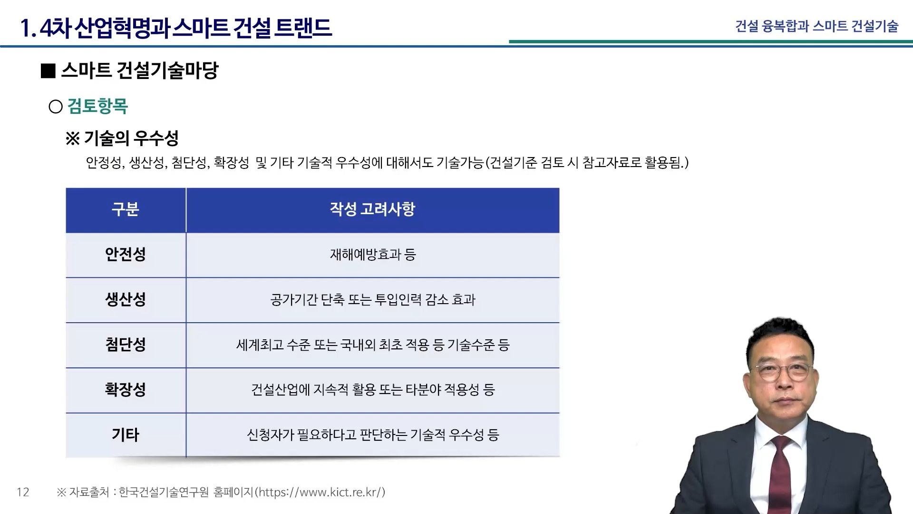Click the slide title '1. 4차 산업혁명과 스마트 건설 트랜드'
coord(176,28)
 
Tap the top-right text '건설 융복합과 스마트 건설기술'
coord(817,26)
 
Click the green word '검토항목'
coord(97,106)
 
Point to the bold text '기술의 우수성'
coord(131,138)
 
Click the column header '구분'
coord(126,209)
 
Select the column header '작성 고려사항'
coord(373,209)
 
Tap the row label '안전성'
coord(126,254)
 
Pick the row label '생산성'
coord(126,299)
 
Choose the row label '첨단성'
coord(126,344)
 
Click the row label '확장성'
coord(126,389)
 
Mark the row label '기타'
coord(126,435)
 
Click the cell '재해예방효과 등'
coord(373,255)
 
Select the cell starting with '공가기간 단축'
coord(373,299)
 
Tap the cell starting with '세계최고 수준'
coord(373,345)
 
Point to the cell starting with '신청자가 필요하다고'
coord(373,435)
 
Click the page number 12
coord(23,492)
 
